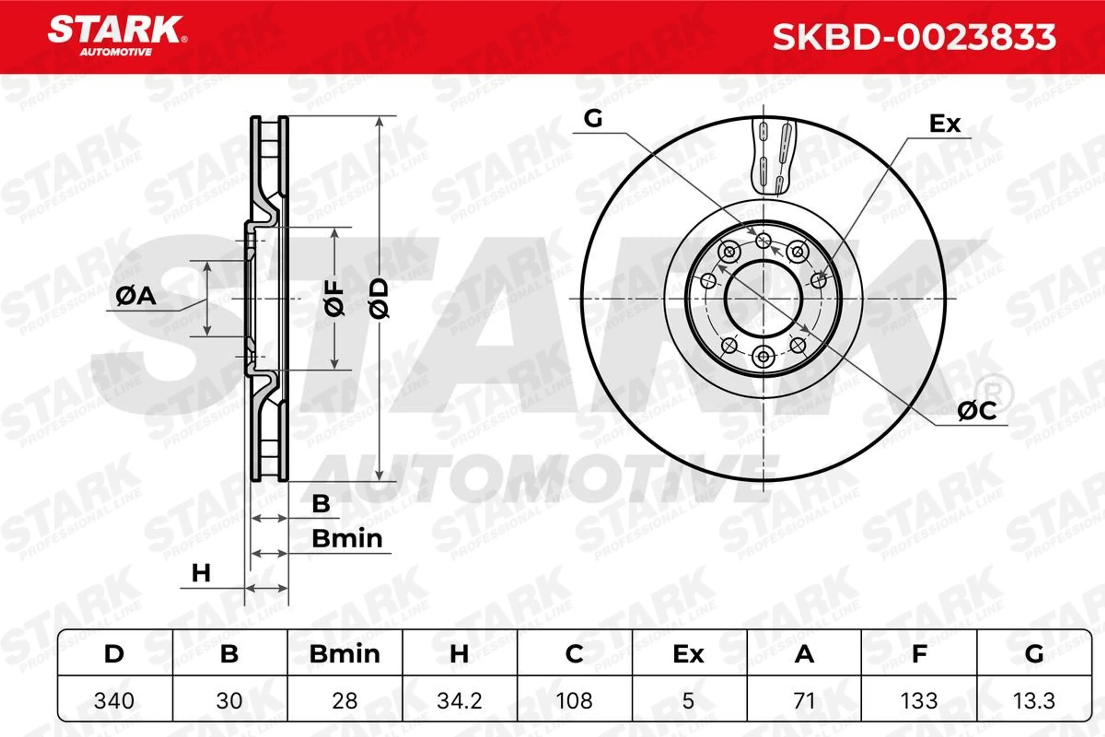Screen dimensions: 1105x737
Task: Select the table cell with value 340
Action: click(114, 701)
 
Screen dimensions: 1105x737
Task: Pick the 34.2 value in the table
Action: click(460, 701)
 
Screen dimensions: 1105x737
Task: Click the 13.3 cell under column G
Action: click(1034, 701)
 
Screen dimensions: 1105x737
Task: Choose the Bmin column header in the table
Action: click(345, 654)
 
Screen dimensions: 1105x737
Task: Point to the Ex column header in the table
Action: click(689, 654)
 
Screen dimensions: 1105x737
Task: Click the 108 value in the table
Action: click(574, 701)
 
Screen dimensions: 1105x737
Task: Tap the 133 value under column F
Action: click(919, 701)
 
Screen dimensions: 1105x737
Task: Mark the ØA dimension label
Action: click(136, 296)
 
